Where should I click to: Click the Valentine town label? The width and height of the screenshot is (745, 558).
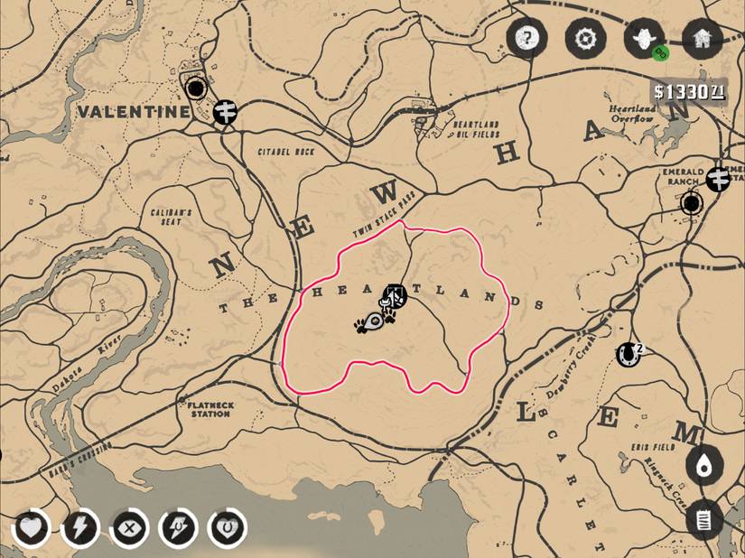(x=134, y=112)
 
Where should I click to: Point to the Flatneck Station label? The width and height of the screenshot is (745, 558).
(x=209, y=409)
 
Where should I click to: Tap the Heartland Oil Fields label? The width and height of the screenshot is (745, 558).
(x=475, y=129)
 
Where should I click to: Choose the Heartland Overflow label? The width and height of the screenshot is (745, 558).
(x=632, y=114)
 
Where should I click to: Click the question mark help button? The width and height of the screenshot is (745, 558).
(x=526, y=39)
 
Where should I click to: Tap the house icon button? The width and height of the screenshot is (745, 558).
(x=703, y=39)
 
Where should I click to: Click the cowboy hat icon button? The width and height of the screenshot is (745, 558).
(x=644, y=39)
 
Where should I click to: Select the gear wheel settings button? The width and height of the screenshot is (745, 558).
(x=585, y=39)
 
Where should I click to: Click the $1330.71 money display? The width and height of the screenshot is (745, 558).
(x=689, y=91)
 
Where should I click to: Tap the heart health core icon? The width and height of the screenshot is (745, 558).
(x=31, y=528)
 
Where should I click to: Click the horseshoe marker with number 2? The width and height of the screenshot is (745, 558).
(x=627, y=354)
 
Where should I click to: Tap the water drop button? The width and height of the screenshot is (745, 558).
(x=703, y=466)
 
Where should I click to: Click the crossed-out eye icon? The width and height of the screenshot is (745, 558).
(x=129, y=528)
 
